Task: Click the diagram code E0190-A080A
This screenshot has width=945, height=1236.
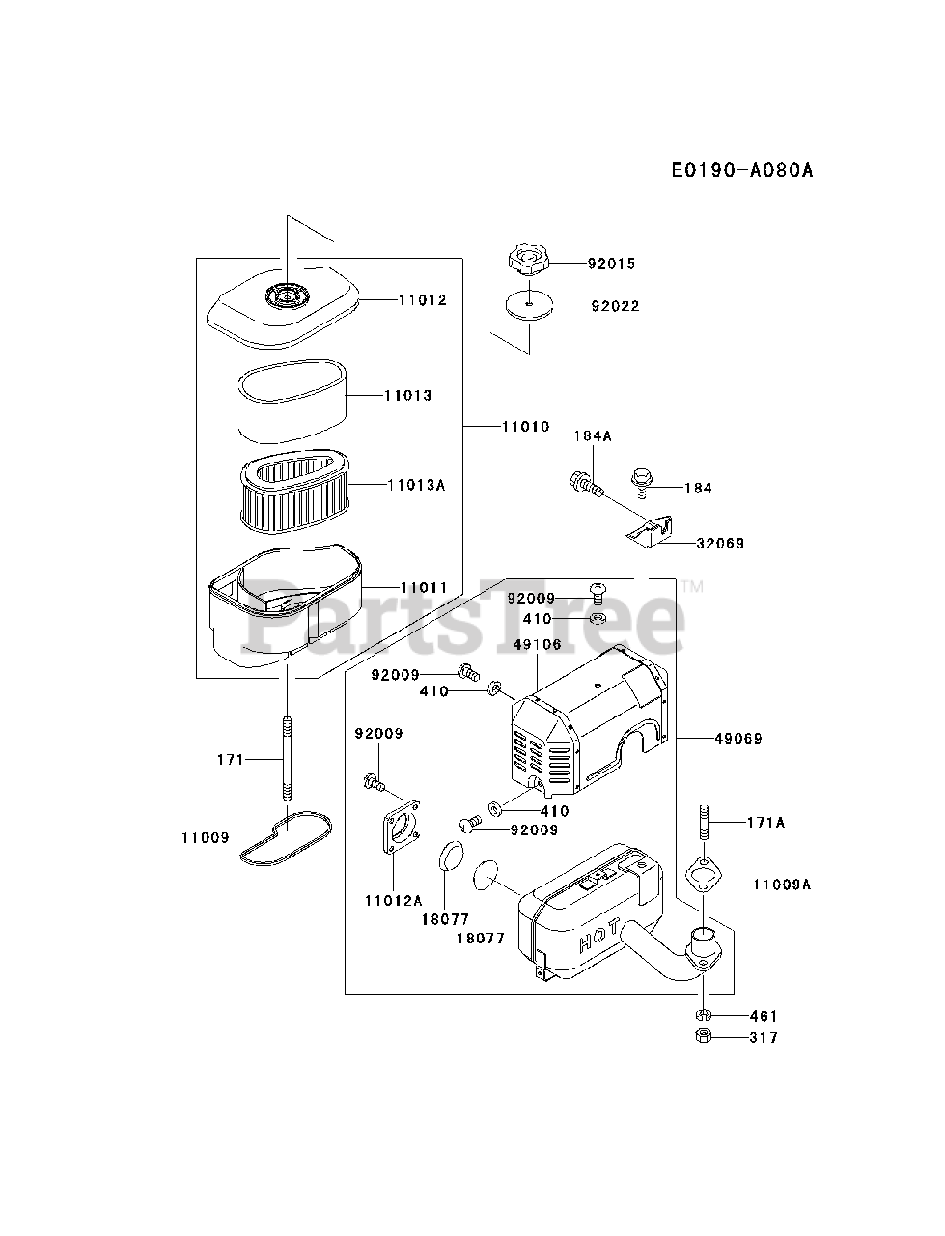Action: coord(742,171)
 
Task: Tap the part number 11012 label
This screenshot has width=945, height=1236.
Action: coord(422,300)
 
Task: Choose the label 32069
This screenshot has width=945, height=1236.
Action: coord(720,544)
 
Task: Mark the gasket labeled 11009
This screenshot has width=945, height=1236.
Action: coord(286,836)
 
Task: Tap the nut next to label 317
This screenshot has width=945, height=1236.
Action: coord(704,1037)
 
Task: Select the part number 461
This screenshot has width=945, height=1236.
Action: coord(763,1016)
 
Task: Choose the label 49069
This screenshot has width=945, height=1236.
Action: coord(738,739)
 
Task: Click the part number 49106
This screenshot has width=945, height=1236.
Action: coord(538,645)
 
